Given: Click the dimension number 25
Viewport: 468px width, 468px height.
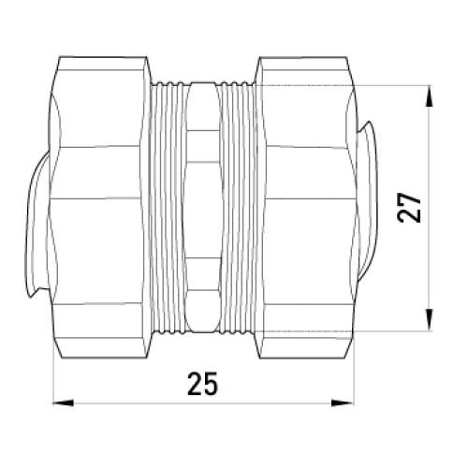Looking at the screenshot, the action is (x=202, y=384).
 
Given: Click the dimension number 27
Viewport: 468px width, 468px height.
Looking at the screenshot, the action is (x=409, y=208).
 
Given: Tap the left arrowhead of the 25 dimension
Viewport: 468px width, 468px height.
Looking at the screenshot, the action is (x=63, y=402).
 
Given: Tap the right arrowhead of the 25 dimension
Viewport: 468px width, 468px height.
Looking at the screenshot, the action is (x=344, y=402).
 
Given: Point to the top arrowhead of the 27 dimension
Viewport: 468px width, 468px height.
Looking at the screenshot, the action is (x=430, y=96).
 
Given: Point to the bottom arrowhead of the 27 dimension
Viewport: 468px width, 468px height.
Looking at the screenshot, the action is (x=430, y=319).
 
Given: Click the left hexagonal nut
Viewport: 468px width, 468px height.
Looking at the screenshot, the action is (x=97, y=207).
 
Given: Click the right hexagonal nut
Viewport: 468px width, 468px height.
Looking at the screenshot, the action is (x=308, y=207).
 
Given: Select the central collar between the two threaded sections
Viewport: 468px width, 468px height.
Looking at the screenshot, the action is (x=203, y=207).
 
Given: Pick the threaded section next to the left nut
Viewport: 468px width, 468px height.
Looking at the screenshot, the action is (x=168, y=207).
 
